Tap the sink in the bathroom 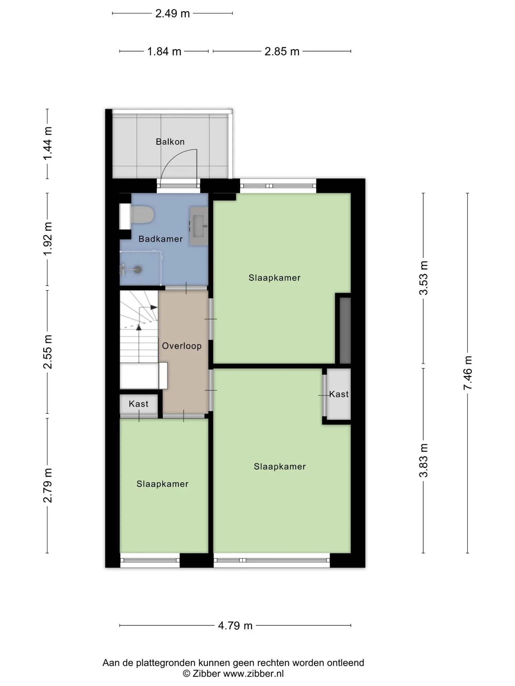[199, 226]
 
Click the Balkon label [170, 142]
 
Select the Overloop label [182, 346]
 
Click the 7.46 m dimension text [467, 373]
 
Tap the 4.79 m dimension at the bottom [235, 626]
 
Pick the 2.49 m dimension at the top [172, 14]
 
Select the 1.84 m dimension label [164, 51]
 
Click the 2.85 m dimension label [282, 51]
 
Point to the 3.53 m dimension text [423, 278]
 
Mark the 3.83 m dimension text [423, 460]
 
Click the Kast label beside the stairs [138, 404]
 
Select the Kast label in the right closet [339, 394]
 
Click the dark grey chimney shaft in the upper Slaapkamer [345, 330]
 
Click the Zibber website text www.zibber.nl [254, 673]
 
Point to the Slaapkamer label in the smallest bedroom [162, 484]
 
